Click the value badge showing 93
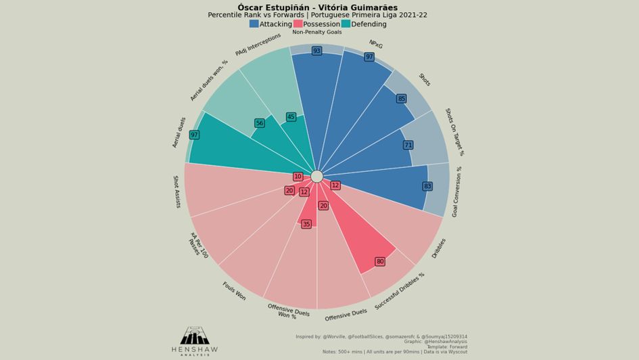[x=316, y=51]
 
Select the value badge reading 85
[x=402, y=99]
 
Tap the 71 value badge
[x=408, y=145]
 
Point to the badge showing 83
[x=427, y=186]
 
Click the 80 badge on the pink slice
[x=380, y=261]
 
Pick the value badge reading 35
[x=306, y=224]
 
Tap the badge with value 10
[x=298, y=177]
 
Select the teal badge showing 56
[x=260, y=123]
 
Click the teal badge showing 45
[x=291, y=117]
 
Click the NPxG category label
[x=376, y=44]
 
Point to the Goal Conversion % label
[x=457, y=192]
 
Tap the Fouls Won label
[x=234, y=291]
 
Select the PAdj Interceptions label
[x=258, y=45]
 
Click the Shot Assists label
[x=176, y=192]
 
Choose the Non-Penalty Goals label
[x=316, y=32]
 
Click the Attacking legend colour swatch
[x=254, y=24]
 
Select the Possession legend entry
[x=316, y=24]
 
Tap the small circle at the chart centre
[x=316, y=176]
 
